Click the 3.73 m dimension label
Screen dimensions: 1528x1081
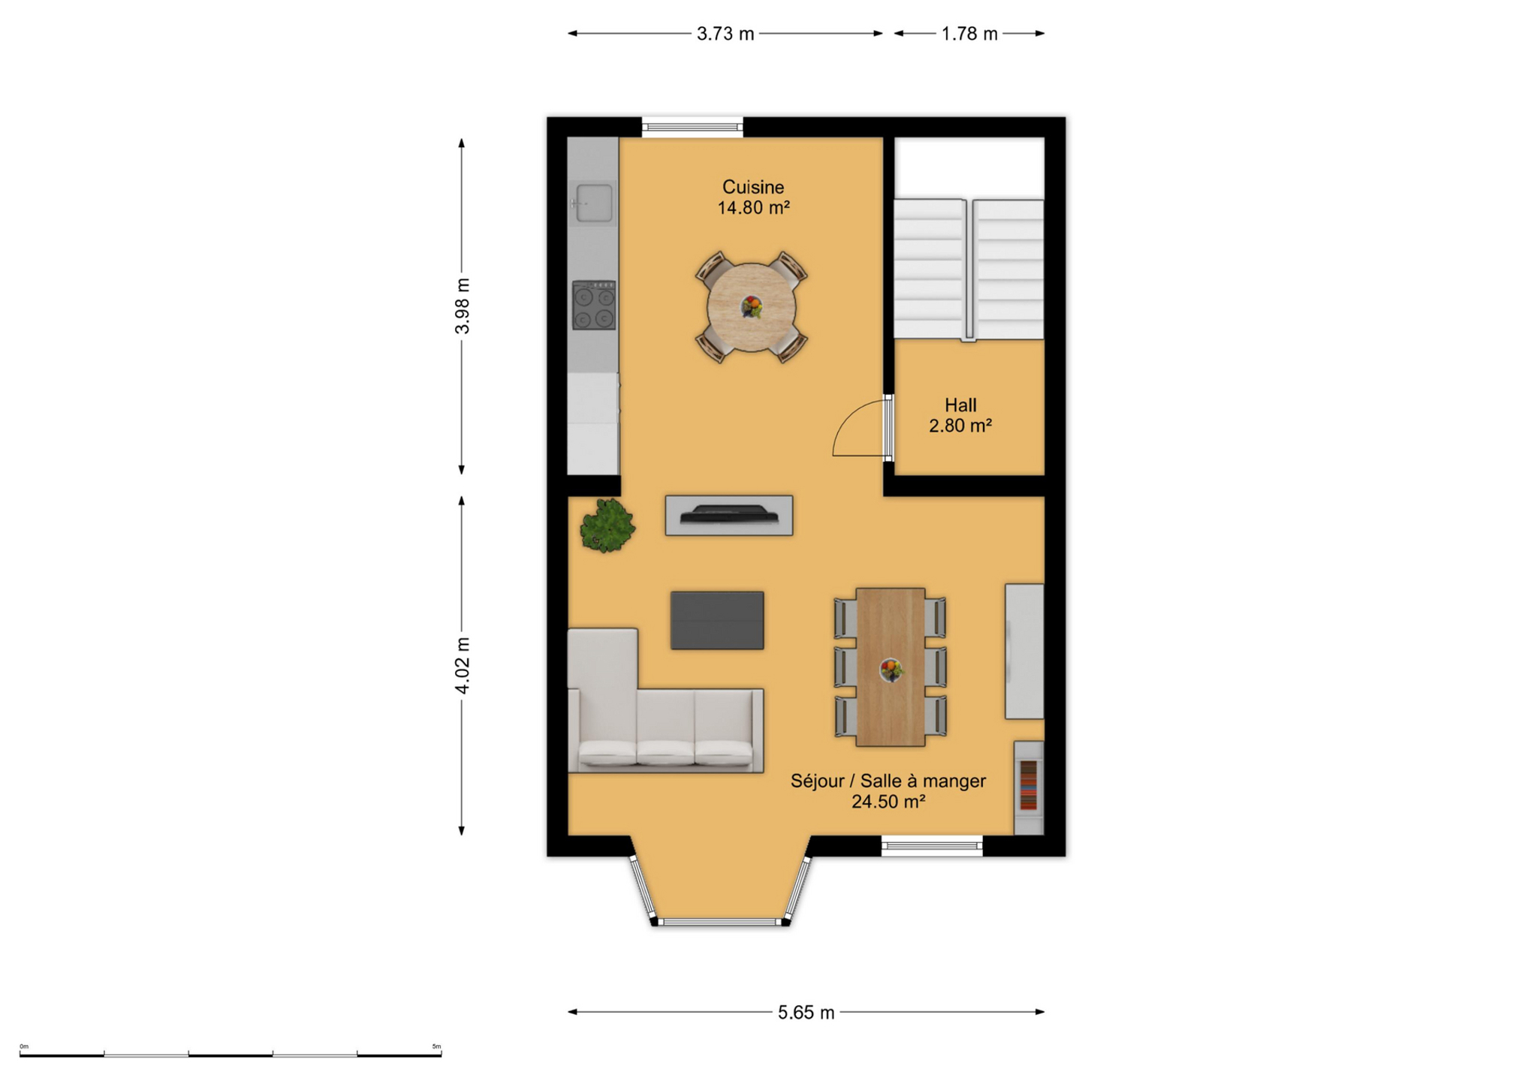(x=725, y=34)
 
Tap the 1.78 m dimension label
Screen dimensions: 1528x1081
(x=969, y=34)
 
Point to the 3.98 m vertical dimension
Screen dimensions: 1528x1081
(x=462, y=306)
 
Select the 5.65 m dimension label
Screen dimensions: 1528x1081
(x=806, y=1013)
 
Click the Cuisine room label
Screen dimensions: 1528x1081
(x=753, y=187)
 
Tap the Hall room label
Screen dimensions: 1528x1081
(x=960, y=405)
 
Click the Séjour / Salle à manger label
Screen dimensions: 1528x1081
(x=888, y=781)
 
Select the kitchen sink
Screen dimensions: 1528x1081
(x=593, y=203)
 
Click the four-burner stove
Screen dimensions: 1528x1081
(x=594, y=306)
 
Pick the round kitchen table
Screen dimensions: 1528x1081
(x=752, y=307)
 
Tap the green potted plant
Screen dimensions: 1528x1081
(x=607, y=525)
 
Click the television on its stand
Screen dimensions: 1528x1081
(x=729, y=515)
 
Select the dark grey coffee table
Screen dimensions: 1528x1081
(x=717, y=620)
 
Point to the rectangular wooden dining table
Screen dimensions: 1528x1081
(x=891, y=667)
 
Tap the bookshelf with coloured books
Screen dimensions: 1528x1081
(x=1029, y=787)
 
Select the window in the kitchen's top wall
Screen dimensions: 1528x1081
(x=692, y=127)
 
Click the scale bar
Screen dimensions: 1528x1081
(x=231, y=1055)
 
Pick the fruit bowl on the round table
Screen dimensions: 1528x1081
(x=752, y=307)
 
